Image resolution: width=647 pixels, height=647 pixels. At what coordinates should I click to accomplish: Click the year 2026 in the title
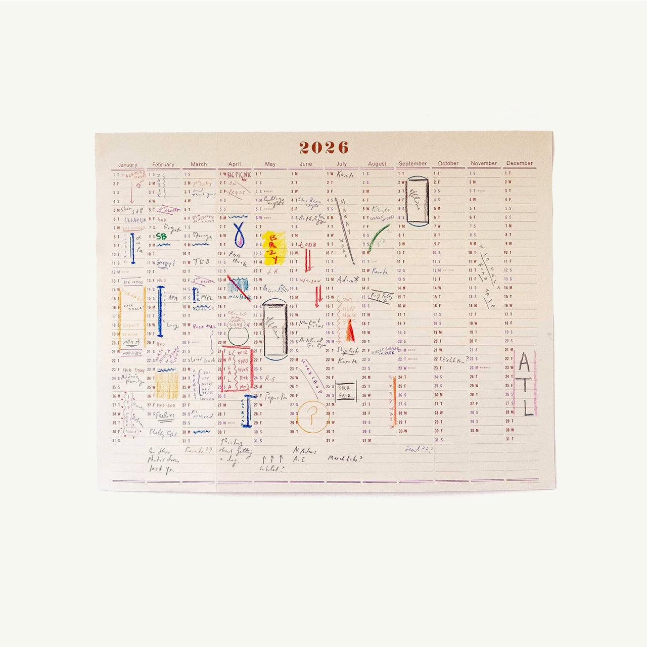(x=323, y=147)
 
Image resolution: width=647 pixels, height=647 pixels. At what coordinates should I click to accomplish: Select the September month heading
(x=412, y=164)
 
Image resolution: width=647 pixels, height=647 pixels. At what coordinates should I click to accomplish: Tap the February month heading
(x=163, y=165)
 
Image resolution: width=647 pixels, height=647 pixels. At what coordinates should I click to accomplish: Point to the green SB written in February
(x=161, y=236)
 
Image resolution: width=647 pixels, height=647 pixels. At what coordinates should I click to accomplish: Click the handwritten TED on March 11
(x=201, y=262)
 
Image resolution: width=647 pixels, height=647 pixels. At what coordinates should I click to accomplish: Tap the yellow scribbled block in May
(x=274, y=248)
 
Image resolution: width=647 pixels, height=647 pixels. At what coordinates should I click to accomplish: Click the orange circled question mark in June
(x=312, y=417)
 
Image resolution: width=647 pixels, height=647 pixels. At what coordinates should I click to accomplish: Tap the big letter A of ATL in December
(x=525, y=362)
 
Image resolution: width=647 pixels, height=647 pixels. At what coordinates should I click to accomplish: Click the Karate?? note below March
(x=198, y=449)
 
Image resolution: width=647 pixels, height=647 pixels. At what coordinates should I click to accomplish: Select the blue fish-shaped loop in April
(x=239, y=234)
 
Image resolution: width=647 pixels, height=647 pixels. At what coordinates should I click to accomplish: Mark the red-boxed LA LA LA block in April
(x=237, y=369)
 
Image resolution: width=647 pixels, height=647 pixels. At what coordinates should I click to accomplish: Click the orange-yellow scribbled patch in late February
(x=167, y=386)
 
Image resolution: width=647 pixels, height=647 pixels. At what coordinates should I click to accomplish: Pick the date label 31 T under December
(x=510, y=439)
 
